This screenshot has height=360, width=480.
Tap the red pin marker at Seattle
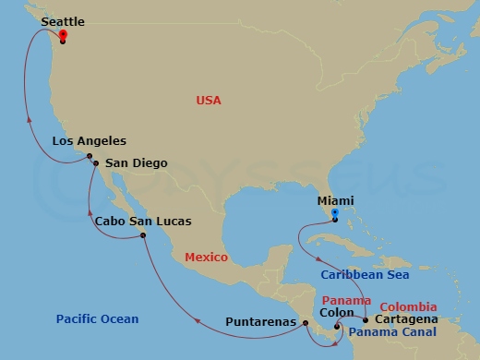(x=62, y=36)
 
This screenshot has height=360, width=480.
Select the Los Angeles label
(x=90, y=141)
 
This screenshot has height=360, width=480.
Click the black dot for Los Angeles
(x=90, y=157)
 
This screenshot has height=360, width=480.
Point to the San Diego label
(x=137, y=163)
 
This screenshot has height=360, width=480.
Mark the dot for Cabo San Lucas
(x=143, y=235)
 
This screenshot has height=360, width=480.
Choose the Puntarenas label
(x=261, y=323)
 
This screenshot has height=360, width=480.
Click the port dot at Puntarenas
(x=306, y=323)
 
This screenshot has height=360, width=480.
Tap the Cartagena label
(x=407, y=318)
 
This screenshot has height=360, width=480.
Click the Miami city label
(x=334, y=199)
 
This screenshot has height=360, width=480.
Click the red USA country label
(x=209, y=100)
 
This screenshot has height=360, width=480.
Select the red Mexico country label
(x=206, y=258)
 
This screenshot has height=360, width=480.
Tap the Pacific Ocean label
(x=97, y=319)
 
